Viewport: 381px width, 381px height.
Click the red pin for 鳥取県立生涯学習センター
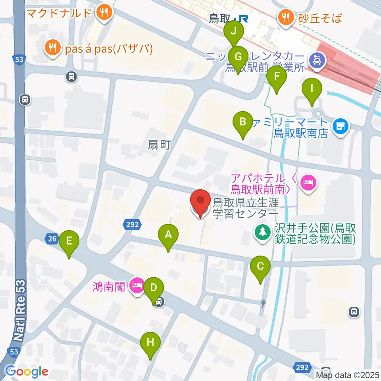(200, 204)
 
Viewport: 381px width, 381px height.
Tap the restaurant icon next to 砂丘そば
(285, 17)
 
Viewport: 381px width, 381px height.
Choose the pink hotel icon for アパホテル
(308, 182)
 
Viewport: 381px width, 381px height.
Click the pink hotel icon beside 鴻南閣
(137, 285)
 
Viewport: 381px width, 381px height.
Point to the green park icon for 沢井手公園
(262, 233)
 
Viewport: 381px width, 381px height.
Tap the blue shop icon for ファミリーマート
(340, 127)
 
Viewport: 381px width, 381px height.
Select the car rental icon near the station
(319, 61)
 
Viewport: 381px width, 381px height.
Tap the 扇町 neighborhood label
(159, 146)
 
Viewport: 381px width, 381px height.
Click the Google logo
(27, 371)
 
